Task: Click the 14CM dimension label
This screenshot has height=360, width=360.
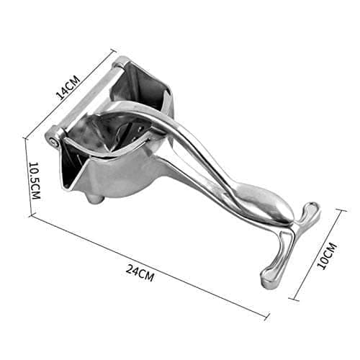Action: [68, 87]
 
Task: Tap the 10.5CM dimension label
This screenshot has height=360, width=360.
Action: [35, 181]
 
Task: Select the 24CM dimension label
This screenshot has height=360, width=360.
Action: [140, 272]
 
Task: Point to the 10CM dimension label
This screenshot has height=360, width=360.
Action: [328, 256]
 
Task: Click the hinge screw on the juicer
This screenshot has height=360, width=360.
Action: [54, 142]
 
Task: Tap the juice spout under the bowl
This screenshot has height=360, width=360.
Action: [95, 198]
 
